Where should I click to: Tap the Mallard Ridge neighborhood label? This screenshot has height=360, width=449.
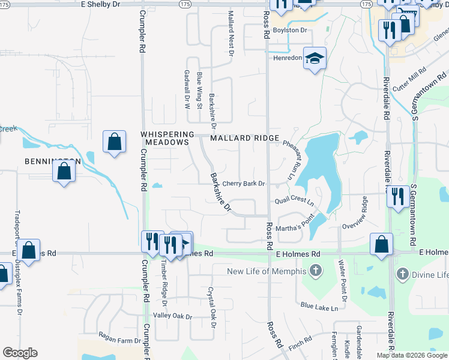tap(244, 138)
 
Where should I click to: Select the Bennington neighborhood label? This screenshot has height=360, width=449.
tap(53, 161)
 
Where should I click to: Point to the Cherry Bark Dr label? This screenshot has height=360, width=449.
tap(244, 184)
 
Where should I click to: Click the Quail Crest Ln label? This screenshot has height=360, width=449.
tap(294, 201)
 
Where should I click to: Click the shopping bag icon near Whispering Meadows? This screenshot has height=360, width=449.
tap(114, 142)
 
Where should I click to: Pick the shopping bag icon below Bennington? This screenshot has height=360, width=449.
tap(64, 172)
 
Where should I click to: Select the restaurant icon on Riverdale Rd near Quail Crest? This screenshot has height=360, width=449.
tap(397, 196)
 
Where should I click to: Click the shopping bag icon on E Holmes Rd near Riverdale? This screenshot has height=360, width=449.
tap(381, 244)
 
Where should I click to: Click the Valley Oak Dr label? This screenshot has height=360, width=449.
tap(172, 316)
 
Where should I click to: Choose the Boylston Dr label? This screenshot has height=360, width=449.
tap(290, 29)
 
